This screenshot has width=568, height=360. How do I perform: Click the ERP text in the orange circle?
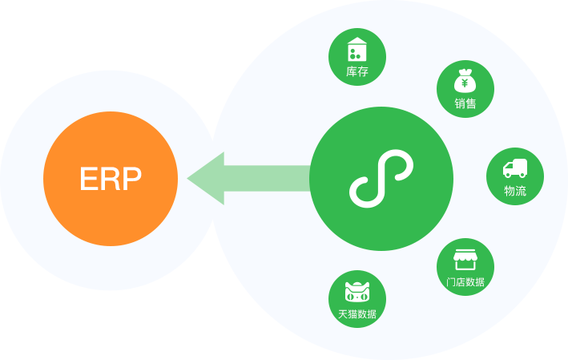(111, 179)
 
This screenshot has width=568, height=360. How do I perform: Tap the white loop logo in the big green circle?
(381, 179)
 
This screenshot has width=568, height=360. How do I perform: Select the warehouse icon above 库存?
(357, 50)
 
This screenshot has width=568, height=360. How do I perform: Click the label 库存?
(357, 71)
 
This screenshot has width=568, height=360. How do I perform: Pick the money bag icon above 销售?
(465, 80)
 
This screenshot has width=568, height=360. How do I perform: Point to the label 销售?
(465, 103)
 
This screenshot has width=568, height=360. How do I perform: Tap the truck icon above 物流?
(515, 168)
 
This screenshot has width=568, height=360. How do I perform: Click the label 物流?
(515, 191)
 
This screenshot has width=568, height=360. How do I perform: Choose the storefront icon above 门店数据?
(465, 259)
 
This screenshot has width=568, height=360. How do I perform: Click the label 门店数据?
(465, 281)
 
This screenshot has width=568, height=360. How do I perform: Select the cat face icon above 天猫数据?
(357, 291)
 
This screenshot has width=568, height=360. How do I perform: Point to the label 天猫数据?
(357, 313)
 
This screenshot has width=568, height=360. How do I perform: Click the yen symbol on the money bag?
(465, 83)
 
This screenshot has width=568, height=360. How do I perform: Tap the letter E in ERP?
(88, 179)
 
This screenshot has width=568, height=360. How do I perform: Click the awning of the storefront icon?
(465, 253)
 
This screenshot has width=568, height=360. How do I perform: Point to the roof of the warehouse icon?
(357, 42)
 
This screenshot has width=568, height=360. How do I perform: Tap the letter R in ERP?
(110, 179)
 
